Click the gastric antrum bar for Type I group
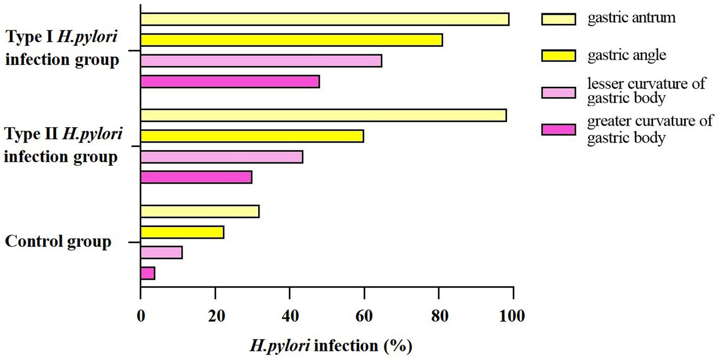(x=325, y=19)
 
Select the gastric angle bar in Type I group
(x=292, y=40)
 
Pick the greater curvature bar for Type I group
(x=230, y=82)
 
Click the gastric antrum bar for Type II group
(x=323, y=115)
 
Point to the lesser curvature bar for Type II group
(x=222, y=157)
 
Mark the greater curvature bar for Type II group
(x=196, y=177)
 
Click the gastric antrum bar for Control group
(x=200, y=211)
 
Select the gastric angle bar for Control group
(x=182, y=232)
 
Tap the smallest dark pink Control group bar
(x=148, y=274)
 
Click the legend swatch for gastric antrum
(x=558, y=19)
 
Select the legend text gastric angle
(x=627, y=55)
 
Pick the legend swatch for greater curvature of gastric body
(x=558, y=130)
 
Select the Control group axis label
(x=58, y=241)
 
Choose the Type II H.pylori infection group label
(x=63, y=146)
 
